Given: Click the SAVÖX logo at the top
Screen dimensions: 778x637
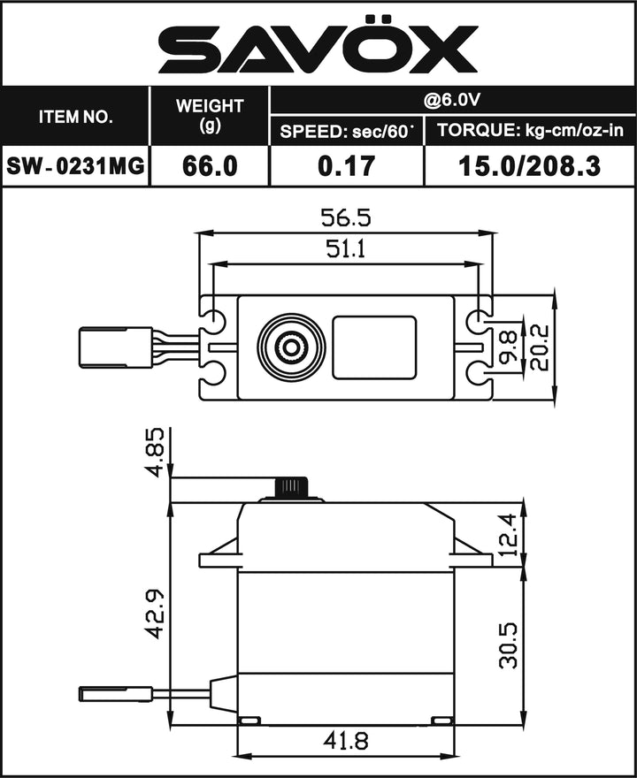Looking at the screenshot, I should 318,49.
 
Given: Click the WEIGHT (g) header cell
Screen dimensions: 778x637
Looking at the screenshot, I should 210,116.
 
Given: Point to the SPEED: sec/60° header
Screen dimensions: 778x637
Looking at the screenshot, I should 346,132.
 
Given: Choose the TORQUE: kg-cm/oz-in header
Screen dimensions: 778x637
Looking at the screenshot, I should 527,132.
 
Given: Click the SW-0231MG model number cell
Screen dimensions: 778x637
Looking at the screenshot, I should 75,165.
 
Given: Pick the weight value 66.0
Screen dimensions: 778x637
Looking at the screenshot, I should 210,165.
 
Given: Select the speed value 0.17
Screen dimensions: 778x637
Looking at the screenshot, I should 346,165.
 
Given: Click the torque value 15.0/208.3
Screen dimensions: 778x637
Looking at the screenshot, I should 527,165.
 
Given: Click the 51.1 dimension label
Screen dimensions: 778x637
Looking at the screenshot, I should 344,249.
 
